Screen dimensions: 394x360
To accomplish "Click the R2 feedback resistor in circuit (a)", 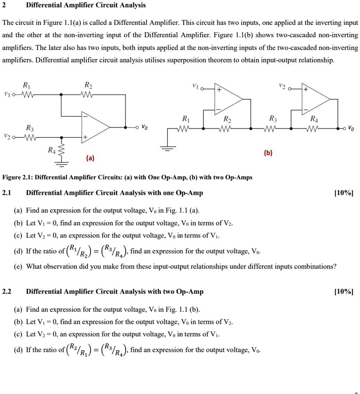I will click(88, 94).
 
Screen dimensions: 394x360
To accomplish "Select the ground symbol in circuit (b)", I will click(168, 148).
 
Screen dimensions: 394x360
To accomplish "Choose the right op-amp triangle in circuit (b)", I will click(315, 99).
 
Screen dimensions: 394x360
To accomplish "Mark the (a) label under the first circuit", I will click(90, 158).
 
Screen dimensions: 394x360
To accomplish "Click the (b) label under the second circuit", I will click(268, 153).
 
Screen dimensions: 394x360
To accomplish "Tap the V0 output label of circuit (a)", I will click(145, 127).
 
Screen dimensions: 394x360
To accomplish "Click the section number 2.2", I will click(7, 292).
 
